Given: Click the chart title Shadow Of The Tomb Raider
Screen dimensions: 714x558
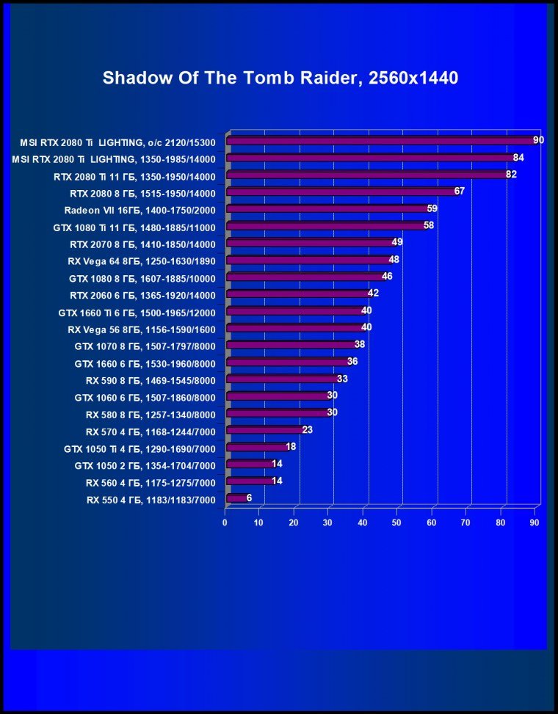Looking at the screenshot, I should pos(280,78).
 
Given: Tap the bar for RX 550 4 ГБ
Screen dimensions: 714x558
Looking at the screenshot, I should pos(236,499).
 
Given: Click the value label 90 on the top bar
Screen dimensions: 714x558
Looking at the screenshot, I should pos(538,139).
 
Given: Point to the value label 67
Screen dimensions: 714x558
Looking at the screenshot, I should pos(460,191).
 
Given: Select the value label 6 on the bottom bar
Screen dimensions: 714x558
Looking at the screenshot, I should pos(249,498).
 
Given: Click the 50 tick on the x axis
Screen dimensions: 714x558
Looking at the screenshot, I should pos(397,522).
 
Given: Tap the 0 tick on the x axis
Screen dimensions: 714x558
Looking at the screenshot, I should pos(225,522).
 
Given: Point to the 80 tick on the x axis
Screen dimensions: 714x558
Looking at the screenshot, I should pos(501,522).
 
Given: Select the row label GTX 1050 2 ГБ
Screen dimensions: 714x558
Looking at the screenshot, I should pos(145,465).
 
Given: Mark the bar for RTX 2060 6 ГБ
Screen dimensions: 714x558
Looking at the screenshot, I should pos(297,294).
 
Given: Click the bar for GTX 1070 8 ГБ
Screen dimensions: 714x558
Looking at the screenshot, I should pos(291,345).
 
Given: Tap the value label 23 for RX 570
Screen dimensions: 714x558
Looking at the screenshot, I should pos(307,429).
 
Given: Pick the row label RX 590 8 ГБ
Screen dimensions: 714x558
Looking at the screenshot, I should pos(151,380).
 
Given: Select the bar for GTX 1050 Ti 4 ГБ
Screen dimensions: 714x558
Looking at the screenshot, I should pos(257,447).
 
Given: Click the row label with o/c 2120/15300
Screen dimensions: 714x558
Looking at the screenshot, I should pos(118,142).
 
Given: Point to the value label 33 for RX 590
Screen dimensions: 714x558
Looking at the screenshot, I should pos(341,379).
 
